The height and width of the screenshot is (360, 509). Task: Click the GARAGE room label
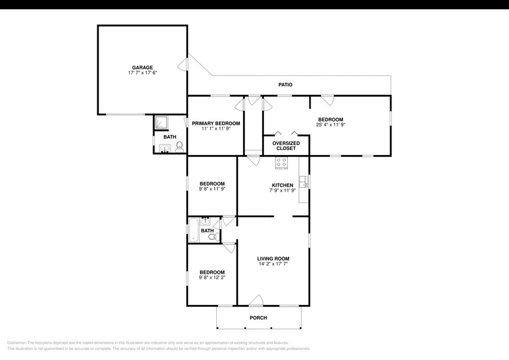coord(142,67)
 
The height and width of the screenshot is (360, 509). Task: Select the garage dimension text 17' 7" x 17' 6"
coord(142,73)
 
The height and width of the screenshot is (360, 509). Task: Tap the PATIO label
coord(285,84)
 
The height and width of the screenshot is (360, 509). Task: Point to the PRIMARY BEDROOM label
coord(216,123)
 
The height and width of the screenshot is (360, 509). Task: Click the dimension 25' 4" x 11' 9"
coord(330,125)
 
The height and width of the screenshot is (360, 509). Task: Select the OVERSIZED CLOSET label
coord(285,146)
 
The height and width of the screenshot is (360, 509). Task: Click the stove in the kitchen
coord(282,162)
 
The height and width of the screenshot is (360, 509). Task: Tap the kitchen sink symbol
coord(303,181)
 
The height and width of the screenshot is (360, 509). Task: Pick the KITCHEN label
coord(282,185)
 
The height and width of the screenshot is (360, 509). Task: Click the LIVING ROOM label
coord(273,258)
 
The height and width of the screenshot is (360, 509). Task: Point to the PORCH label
coord(258,318)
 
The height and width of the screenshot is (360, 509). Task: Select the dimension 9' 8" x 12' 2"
coord(212,277)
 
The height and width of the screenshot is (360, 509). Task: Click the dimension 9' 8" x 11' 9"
coord(212,189)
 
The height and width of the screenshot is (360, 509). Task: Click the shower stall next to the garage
coord(162,122)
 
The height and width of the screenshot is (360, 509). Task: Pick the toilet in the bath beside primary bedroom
coord(179,146)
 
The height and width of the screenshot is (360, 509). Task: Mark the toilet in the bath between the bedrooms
coord(212,236)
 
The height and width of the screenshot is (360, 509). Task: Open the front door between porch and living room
coord(256,301)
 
